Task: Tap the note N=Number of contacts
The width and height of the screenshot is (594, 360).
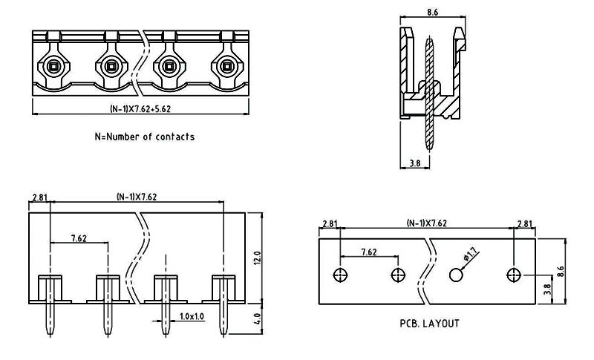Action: click(143, 137)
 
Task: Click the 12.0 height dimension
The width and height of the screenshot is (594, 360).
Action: click(257, 259)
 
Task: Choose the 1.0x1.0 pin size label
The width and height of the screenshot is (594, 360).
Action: click(191, 316)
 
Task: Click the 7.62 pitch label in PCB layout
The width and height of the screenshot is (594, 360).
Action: click(369, 252)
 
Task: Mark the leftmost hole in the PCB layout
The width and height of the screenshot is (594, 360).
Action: click(341, 275)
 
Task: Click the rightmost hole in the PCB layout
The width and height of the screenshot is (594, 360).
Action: click(513, 275)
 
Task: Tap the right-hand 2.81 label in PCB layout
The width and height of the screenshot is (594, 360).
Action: click(524, 223)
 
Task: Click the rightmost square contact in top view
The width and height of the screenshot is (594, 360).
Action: click(226, 66)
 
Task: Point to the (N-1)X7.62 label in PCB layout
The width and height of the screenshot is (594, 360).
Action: click(426, 223)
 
